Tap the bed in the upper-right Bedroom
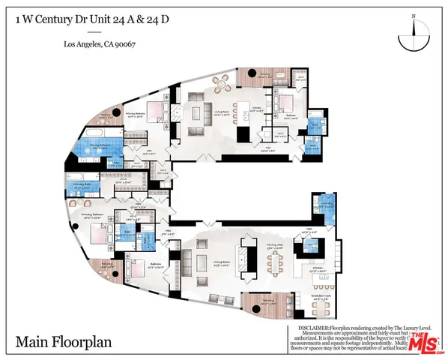click(x=288, y=103)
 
